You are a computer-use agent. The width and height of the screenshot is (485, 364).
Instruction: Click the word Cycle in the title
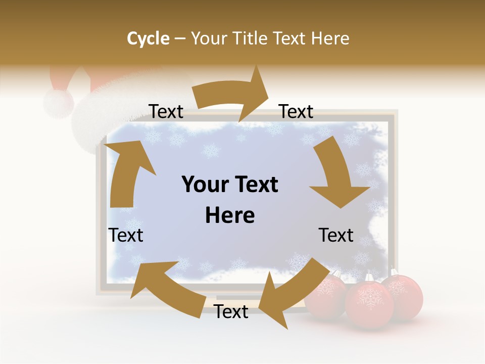click(148, 38)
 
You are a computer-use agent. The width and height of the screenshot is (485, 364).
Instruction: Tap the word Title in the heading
click(251, 38)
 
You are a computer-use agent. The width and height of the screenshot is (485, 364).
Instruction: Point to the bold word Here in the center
click(230, 215)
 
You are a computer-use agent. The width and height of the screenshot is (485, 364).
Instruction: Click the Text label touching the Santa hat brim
click(166, 112)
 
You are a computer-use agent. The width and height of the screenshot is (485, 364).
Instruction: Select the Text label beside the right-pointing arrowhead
click(296, 112)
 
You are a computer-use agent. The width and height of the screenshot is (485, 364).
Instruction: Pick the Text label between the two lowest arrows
click(231, 312)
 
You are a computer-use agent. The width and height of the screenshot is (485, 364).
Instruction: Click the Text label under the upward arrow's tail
click(126, 235)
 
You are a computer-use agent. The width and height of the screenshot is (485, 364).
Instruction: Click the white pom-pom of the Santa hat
click(59, 103)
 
